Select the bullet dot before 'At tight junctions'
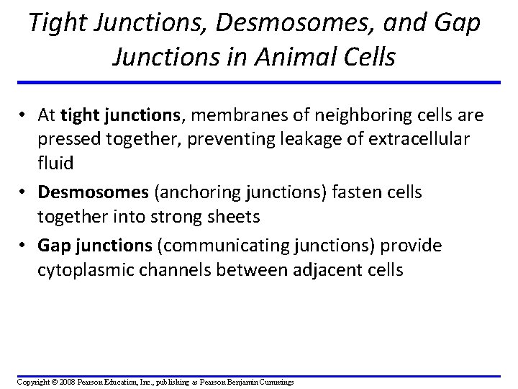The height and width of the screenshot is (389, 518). pyautogui.click(x=23, y=115)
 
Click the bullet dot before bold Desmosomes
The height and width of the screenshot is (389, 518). pyautogui.click(x=23, y=194)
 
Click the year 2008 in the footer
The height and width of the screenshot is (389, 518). pyautogui.click(x=64, y=381)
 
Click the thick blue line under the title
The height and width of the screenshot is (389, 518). pyautogui.click(x=259, y=82)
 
